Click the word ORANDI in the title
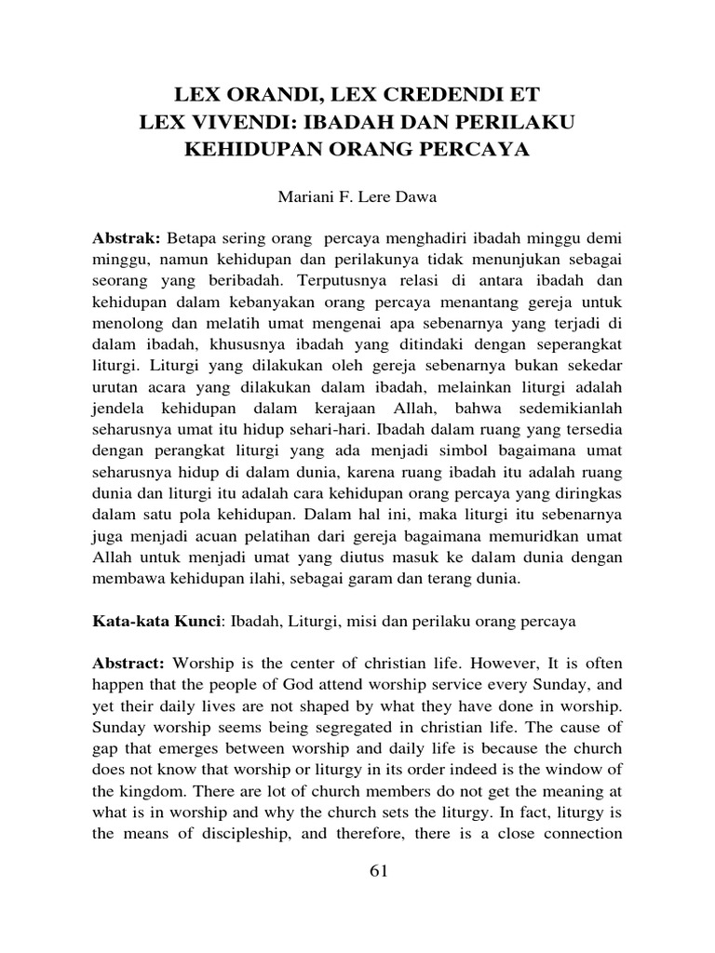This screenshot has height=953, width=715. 263,96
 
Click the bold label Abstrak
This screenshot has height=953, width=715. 127,240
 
